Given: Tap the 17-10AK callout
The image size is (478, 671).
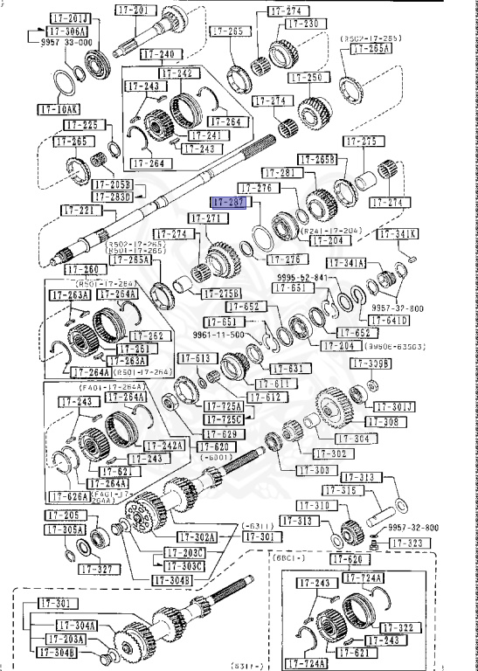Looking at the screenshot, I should [58, 109].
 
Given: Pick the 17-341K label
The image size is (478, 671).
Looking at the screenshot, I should [398, 234].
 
